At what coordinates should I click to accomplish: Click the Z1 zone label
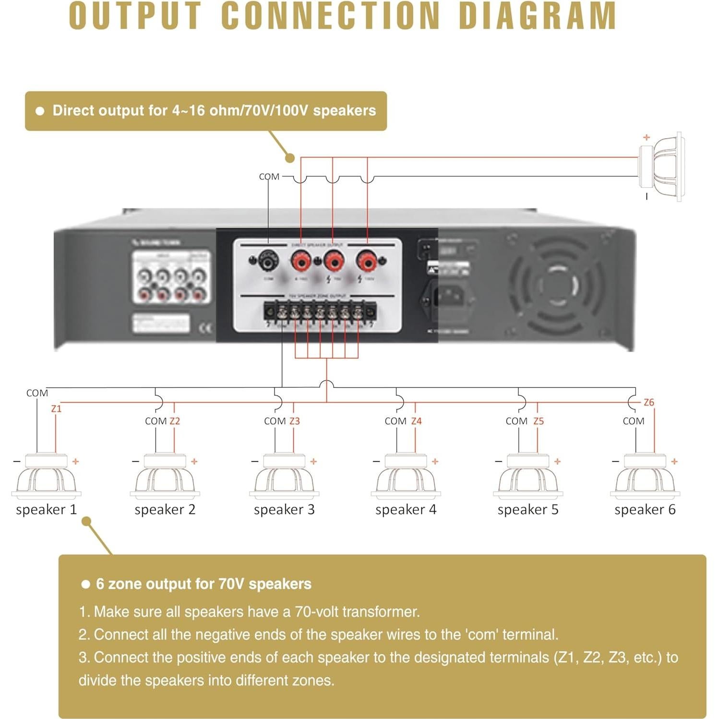pos(56,408)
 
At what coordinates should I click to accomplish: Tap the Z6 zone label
pos(648,402)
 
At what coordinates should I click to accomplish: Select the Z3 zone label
pos(294,421)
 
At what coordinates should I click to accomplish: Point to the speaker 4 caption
pos(406,509)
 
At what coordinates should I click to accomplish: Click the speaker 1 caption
pos(46,509)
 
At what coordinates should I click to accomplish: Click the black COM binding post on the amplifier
pos(267,262)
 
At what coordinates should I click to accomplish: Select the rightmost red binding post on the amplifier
pos(367,262)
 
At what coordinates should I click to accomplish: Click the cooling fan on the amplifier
pos(557,286)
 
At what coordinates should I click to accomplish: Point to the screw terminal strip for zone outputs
pos(320,313)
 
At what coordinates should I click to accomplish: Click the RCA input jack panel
pos(171,277)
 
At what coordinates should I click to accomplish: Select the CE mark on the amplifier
pos(205,328)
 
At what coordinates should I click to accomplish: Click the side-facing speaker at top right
pos(662,167)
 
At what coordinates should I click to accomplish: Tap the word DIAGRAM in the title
pos(537,16)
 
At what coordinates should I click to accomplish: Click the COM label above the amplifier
pos(269,177)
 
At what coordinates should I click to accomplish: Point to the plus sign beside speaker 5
pos(557,461)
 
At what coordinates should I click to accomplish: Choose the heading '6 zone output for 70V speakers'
pos(204,584)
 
